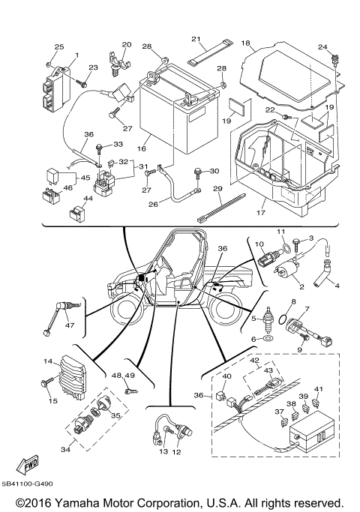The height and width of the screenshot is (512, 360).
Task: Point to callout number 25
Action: [x=59, y=47]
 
